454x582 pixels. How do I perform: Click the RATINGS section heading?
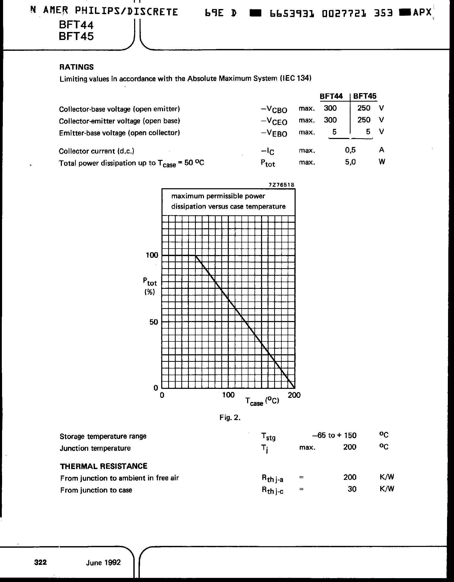[76, 67]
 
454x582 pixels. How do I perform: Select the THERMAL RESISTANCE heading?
[103, 466]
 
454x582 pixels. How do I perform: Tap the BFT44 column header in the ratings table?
[331, 96]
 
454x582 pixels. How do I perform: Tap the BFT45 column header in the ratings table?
[365, 96]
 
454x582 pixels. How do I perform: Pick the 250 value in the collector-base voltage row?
[364, 108]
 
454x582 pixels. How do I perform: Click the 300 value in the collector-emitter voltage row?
[330, 120]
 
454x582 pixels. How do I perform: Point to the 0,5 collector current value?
[350, 150]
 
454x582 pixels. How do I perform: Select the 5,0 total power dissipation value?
[350, 162]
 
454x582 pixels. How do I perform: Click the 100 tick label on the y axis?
[152, 255]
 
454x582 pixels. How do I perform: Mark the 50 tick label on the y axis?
[153, 322]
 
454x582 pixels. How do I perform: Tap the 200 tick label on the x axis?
[294, 395]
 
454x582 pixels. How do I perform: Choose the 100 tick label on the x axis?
[228, 395]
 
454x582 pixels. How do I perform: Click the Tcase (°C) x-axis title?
[262, 401]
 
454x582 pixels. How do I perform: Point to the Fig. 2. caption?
[230, 417]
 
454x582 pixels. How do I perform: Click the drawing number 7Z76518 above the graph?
[281, 185]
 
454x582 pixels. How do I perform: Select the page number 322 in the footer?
[40, 562]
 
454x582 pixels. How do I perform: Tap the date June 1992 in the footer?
[103, 563]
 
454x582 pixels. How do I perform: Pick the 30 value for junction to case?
[352, 489]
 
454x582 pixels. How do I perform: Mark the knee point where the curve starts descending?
[196, 256]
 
